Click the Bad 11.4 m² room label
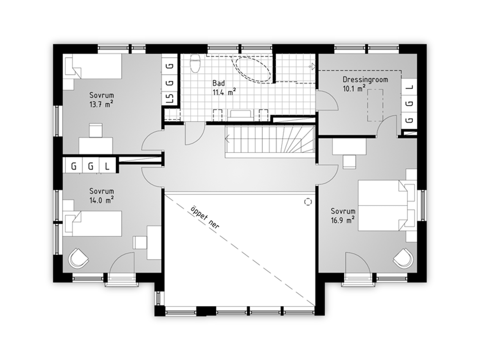224,88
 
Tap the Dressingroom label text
365,80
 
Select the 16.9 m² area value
342,220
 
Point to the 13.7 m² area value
102,104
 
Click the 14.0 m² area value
102,200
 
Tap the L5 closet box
170,98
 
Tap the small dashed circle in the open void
308,202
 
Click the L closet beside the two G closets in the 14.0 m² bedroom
107,166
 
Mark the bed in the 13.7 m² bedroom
93,66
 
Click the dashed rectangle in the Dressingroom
375,105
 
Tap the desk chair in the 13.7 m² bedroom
96,130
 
